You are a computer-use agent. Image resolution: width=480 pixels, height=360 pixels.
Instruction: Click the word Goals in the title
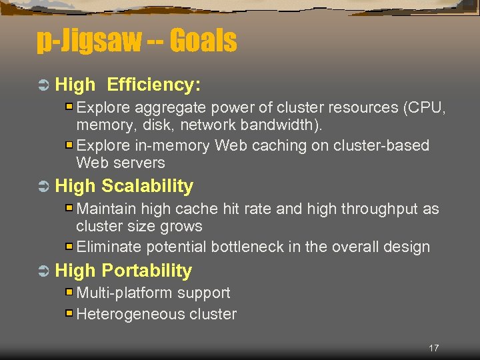click(x=203, y=42)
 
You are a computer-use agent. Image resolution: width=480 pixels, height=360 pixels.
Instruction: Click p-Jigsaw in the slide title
click(x=89, y=42)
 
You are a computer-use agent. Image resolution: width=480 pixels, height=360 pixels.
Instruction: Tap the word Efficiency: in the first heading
click(x=154, y=85)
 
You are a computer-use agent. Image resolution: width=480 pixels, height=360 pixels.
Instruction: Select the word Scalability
click(x=147, y=186)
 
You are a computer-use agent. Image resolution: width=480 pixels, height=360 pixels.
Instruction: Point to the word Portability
click(x=147, y=271)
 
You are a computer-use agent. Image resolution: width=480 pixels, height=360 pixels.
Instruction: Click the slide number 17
click(x=434, y=348)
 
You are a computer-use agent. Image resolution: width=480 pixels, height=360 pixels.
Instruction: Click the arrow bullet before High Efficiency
click(x=43, y=85)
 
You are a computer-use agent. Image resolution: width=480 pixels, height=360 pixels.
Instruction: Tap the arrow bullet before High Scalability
click(x=43, y=187)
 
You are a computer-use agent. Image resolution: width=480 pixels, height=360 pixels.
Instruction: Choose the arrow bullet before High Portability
click(x=43, y=271)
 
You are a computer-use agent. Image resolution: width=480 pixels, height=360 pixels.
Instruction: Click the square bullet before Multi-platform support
click(x=69, y=293)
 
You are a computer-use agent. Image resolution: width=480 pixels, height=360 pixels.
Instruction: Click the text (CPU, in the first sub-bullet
click(x=425, y=108)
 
